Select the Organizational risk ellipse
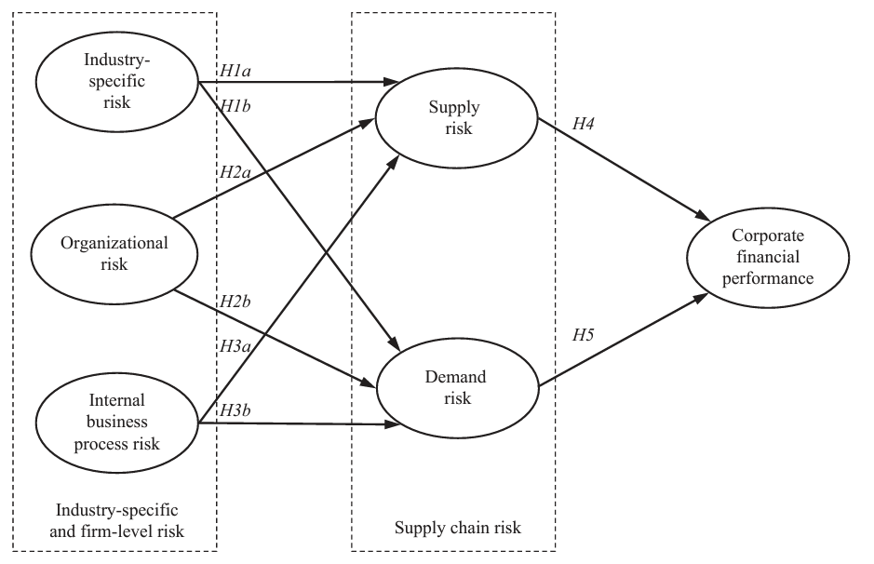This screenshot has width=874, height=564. pos(114,253)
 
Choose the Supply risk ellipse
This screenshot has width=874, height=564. pos(456,118)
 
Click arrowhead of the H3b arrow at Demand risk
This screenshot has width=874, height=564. pos(395,426)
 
